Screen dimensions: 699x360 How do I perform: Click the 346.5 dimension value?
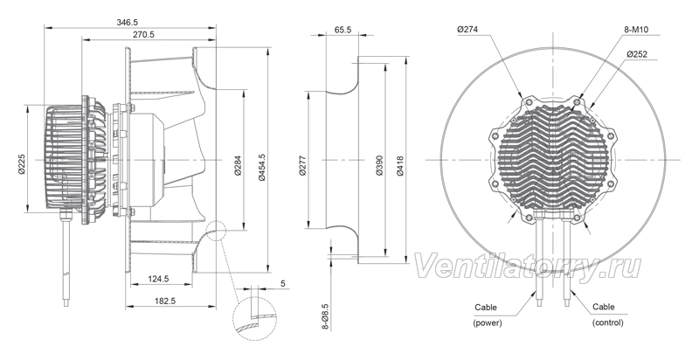coord(127,22)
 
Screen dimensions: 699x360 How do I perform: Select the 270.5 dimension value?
coord(143,35)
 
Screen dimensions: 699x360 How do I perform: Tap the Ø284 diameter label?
coord(238,165)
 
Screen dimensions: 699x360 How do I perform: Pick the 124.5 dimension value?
coord(158,279)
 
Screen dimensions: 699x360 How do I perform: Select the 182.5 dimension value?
coord(165,301)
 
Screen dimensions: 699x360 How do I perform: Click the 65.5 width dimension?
coord(343,30)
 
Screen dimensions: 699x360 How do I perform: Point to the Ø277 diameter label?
coord(302,165)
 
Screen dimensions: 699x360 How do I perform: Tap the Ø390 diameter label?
coord(379,165)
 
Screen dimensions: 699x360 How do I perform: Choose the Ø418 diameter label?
coord(400,166)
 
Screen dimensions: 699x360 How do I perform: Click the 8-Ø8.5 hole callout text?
coord(325,317)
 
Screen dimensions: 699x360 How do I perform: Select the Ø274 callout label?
coord(467,30)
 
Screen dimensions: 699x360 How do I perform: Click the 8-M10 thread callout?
coord(636,30)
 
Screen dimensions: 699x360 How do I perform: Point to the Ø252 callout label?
coord(637,54)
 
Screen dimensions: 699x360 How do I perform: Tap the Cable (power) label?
coord(487,315)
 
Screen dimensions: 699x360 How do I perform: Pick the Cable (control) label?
coord(607,315)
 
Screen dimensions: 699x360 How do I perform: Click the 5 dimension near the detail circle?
coord(283,283)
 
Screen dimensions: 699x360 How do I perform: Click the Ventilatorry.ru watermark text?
coord(528,267)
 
